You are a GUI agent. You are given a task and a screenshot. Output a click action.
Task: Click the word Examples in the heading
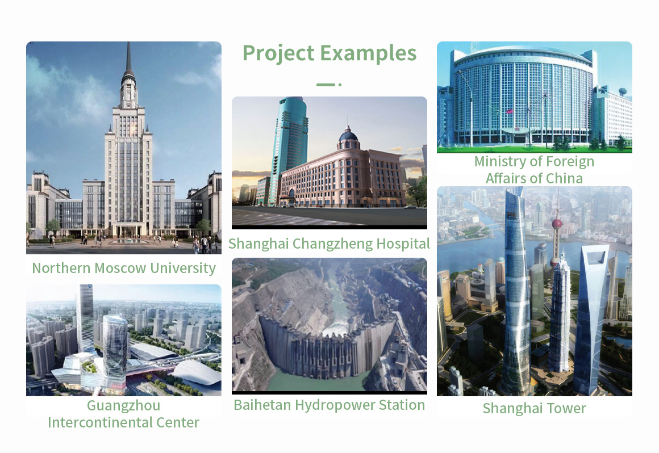click(368, 53)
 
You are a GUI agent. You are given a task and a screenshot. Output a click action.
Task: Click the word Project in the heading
click(278, 54)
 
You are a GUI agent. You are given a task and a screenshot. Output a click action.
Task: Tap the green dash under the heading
click(326, 85)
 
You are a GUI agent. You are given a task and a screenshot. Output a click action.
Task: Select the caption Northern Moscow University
click(124, 269)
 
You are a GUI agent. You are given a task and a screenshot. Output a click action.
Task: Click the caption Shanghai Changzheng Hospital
click(329, 244)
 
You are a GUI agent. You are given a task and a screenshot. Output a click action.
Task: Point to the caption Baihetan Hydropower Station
click(329, 405)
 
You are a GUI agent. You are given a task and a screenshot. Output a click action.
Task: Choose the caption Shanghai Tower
click(534, 409)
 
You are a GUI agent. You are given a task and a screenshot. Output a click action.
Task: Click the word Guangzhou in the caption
click(124, 406)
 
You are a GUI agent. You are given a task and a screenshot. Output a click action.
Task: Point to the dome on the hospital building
click(348, 135)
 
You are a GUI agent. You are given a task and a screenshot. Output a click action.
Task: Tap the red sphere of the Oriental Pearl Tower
click(557, 223)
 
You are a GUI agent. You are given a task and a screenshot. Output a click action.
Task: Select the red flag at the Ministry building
click(510, 112)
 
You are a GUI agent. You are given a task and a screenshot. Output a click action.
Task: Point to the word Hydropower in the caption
click(335, 405)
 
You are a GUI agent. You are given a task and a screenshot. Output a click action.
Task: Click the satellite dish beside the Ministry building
click(623, 91)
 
